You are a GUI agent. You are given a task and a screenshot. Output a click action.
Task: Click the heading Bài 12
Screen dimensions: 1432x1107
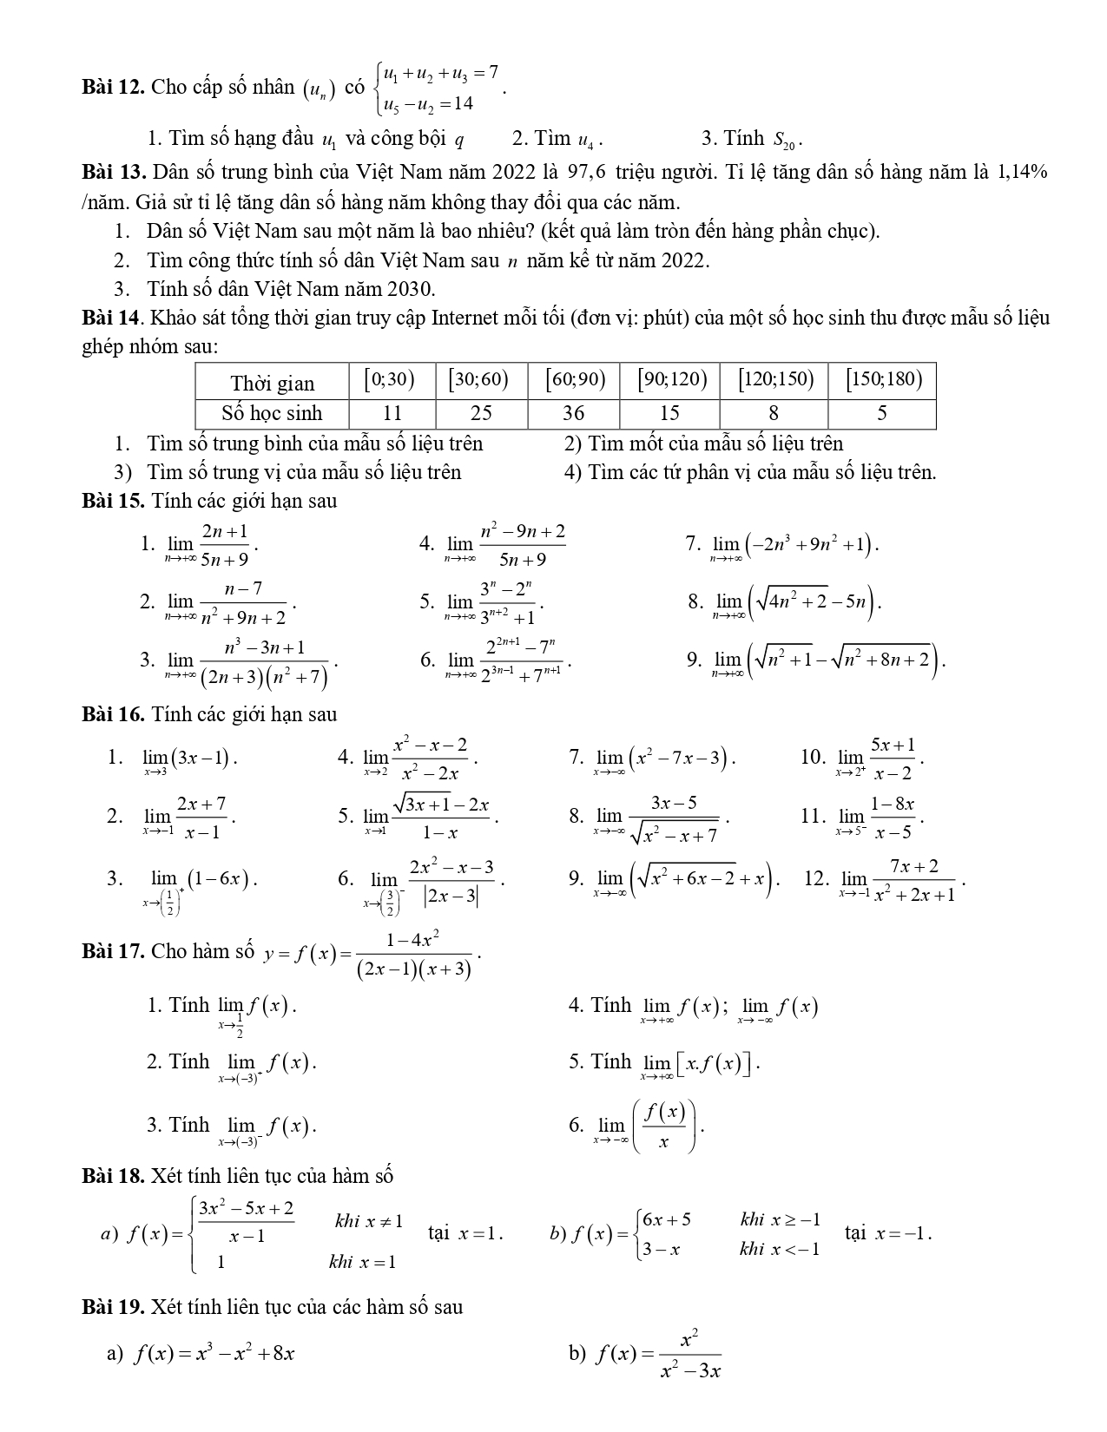click(113, 87)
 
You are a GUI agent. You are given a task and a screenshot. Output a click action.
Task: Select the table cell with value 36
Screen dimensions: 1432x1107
click(573, 413)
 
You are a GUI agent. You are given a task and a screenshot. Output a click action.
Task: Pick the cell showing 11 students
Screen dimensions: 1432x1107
click(392, 413)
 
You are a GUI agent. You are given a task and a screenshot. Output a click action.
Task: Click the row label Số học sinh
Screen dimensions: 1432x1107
click(272, 413)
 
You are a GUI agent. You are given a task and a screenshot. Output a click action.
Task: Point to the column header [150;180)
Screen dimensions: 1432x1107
click(881, 380)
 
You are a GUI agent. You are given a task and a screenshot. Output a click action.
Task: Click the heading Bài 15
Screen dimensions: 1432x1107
click(113, 501)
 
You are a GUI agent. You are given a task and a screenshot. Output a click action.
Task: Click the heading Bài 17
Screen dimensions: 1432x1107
click(113, 951)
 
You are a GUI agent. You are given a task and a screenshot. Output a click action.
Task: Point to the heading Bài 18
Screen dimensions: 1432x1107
click(113, 1176)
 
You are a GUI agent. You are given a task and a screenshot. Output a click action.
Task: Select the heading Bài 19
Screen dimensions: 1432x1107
click(113, 1306)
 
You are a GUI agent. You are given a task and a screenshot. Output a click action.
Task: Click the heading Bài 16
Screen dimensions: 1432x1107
click(113, 714)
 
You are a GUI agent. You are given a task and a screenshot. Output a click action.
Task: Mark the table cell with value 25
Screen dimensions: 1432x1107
click(481, 413)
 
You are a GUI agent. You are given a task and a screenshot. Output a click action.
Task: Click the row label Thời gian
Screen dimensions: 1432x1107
click(272, 383)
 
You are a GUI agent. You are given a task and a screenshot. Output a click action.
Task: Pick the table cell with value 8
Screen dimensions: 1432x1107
click(773, 413)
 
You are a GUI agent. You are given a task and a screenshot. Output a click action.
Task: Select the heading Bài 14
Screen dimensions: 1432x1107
click(113, 318)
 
